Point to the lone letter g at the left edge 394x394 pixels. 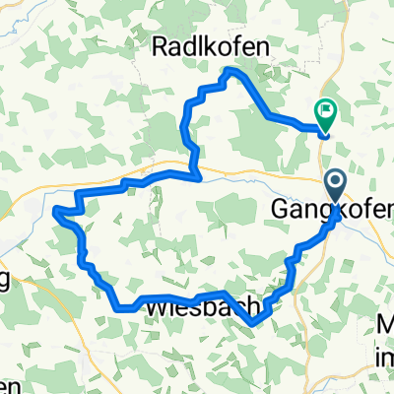point(4,280)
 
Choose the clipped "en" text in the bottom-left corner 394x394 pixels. point(7,381)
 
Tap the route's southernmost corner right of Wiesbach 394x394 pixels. point(254,321)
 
